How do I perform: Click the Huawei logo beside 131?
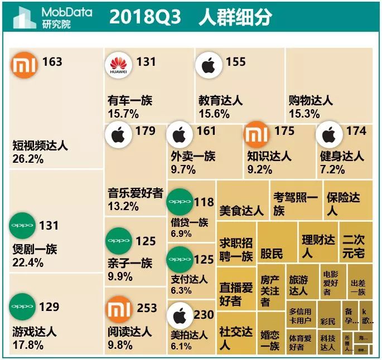118,66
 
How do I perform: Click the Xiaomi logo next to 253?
118,310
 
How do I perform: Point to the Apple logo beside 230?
180,317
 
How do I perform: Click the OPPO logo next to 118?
180,202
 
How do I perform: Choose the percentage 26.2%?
27,158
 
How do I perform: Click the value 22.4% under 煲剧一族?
27,262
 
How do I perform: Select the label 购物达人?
311,101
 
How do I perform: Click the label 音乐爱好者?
135,193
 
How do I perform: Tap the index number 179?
145,132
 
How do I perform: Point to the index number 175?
284,132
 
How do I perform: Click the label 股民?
272,254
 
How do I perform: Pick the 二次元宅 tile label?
354,246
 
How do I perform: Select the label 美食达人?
241,210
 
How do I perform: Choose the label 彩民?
328,322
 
